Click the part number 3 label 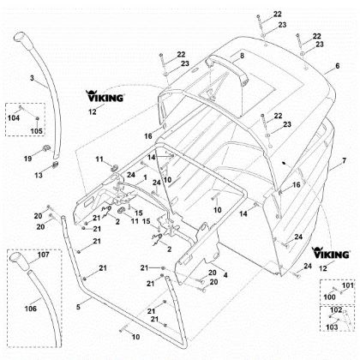(32, 78)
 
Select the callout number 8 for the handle (242, 56)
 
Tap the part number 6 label (338, 66)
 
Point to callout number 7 (344, 160)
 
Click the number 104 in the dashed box (14, 117)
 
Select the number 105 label (36, 131)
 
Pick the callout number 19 (27, 158)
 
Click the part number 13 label (39, 175)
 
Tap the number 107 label (44, 255)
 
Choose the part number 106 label (31, 309)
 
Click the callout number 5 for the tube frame (78, 307)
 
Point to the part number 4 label (225, 275)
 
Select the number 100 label (329, 297)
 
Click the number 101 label (348, 285)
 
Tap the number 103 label (332, 327)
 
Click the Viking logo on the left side (105, 96)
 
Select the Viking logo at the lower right (331, 253)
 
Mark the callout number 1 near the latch (146, 177)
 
